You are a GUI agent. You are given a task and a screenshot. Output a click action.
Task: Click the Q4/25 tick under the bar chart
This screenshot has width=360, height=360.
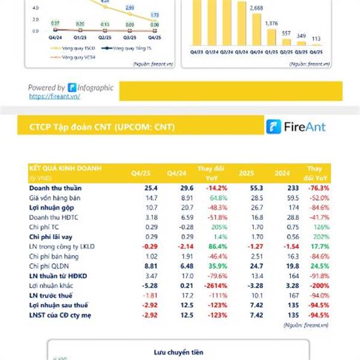pyautogui.click(x=317, y=52)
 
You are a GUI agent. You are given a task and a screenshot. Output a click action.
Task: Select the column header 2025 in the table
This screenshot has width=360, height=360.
pyautogui.click(x=246, y=173)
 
